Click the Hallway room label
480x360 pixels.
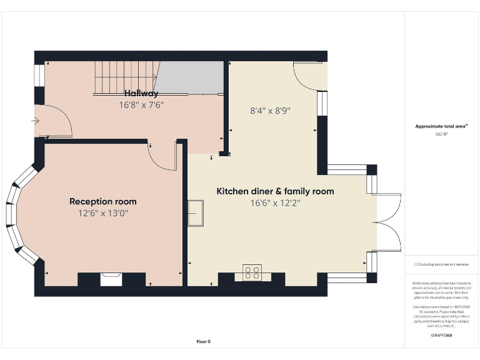click(x=141, y=93)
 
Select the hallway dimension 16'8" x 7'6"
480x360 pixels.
click(x=141, y=105)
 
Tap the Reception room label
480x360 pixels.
click(x=102, y=201)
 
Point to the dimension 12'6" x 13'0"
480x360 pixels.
click(x=102, y=213)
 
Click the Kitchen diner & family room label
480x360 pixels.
click(x=275, y=191)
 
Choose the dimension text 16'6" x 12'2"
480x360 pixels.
click(x=275, y=202)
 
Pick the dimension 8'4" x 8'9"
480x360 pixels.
click(x=270, y=111)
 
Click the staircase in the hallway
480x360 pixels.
click(x=125, y=77)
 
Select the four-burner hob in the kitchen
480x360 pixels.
click(x=252, y=272)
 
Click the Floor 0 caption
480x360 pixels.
click(x=204, y=341)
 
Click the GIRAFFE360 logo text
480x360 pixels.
click(x=441, y=336)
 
